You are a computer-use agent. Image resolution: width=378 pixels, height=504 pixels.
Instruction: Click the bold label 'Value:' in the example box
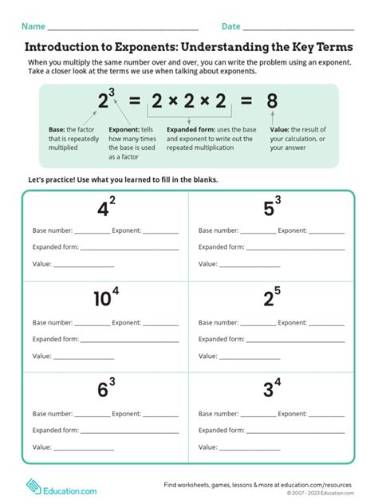(279, 128)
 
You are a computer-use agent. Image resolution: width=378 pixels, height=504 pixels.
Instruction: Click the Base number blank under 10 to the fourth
(92, 325)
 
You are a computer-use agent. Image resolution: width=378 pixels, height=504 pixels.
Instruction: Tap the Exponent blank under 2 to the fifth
(326, 325)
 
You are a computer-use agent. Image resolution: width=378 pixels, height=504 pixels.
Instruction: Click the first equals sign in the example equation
(134, 101)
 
